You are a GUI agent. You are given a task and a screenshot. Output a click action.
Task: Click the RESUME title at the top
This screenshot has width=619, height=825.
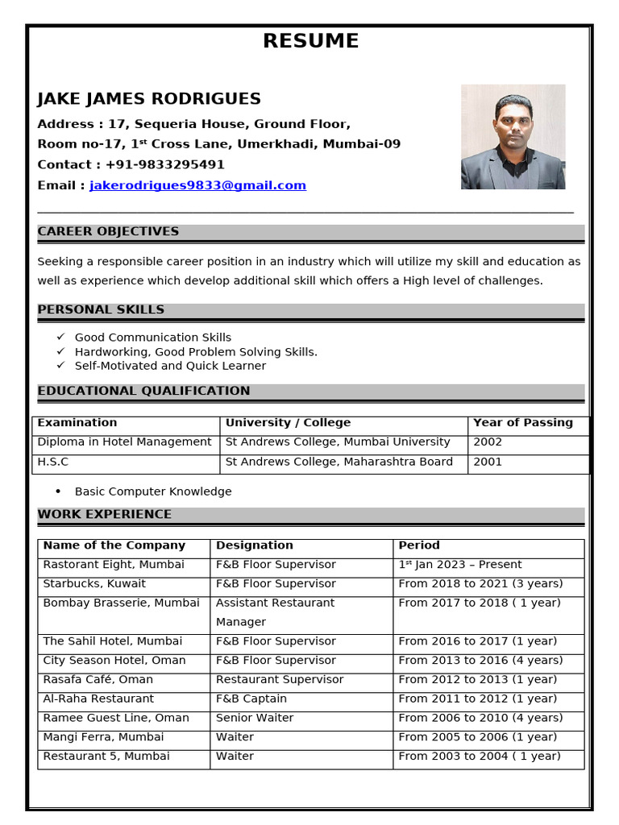[310, 41]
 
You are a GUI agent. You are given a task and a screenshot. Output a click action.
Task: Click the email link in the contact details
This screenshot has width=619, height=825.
[197, 185]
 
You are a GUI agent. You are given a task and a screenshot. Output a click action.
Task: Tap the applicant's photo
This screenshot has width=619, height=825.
[513, 137]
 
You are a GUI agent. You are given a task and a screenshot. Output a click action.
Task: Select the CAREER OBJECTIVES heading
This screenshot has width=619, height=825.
[108, 232]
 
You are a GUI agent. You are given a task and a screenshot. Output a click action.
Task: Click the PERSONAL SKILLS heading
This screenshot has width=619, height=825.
[101, 310]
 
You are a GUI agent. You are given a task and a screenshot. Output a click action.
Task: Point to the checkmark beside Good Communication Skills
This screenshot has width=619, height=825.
[60, 338]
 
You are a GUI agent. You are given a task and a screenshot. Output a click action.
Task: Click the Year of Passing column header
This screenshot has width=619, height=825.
[522, 423]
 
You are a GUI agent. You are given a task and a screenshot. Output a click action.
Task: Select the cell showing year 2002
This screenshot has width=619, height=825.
[488, 442]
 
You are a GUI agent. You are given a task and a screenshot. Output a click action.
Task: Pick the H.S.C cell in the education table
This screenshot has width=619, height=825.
[53, 462]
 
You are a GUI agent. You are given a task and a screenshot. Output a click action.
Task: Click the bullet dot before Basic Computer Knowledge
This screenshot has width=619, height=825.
[58, 491]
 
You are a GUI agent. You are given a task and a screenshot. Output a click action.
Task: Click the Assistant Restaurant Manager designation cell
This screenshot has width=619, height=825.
[275, 612]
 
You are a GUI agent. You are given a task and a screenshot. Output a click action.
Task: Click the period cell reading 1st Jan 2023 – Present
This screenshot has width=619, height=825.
[460, 565]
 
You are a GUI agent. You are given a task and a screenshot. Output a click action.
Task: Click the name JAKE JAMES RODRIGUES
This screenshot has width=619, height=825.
[149, 99]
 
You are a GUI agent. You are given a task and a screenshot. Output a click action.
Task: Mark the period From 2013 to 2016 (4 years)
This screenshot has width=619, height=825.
[480, 661]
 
